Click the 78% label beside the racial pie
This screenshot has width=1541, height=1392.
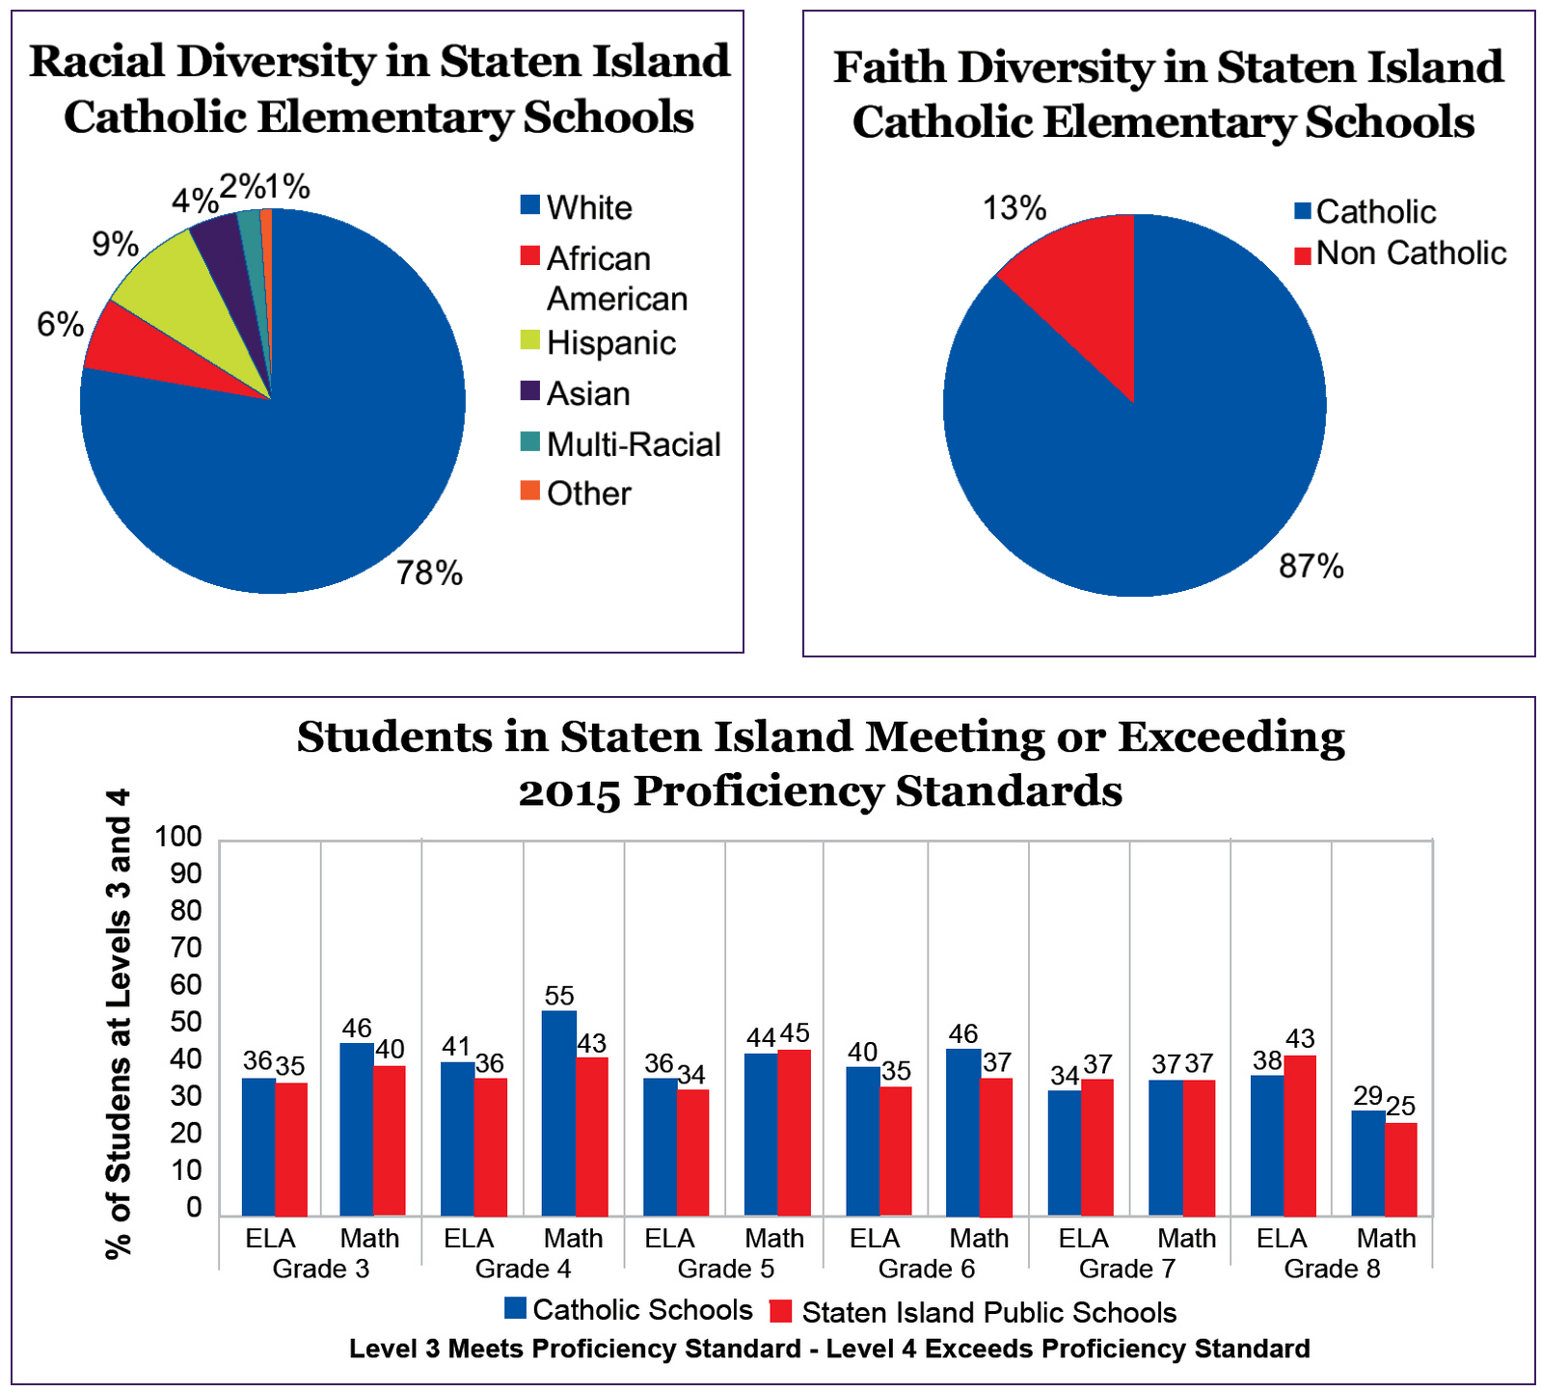tap(429, 574)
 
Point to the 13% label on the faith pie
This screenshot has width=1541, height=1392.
tap(1014, 207)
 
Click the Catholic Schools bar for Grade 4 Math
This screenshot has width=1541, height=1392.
tap(559, 1112)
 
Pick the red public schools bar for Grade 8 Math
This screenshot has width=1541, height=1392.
tap(1401, 1168)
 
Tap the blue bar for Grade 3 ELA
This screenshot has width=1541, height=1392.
tap(258, 1146)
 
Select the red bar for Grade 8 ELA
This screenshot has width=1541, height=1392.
tap(1300, 1135)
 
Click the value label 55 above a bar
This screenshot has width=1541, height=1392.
tap(559, 996)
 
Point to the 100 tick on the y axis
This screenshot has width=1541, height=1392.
tap(179, 837)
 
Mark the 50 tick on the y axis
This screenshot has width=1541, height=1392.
tap(187, 1022)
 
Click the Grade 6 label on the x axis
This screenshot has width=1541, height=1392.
tap(926, 1269)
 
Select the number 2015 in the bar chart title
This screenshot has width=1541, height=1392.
tap(569, 792)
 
